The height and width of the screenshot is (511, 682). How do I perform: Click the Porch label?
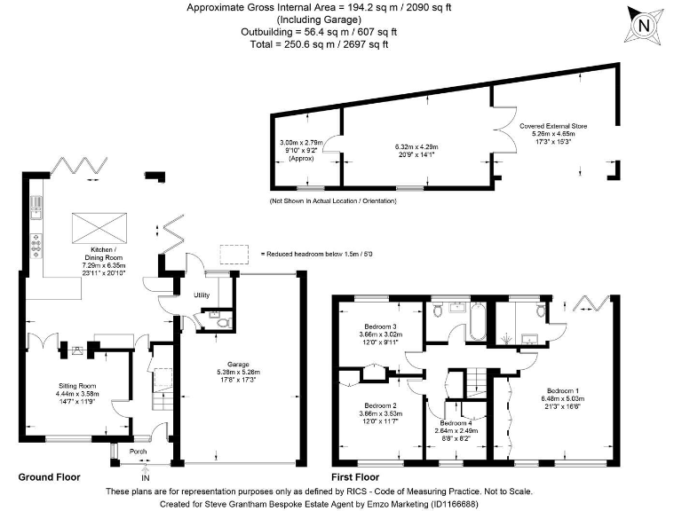click(x=139, y=450)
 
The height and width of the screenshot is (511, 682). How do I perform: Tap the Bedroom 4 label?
click(x=456, y=423)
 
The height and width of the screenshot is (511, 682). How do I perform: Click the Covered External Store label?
click(x=553, y=126)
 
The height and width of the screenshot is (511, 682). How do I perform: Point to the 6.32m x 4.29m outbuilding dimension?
click(x=416, y=148)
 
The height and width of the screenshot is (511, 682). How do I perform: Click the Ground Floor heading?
click(x=50, y=477)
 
